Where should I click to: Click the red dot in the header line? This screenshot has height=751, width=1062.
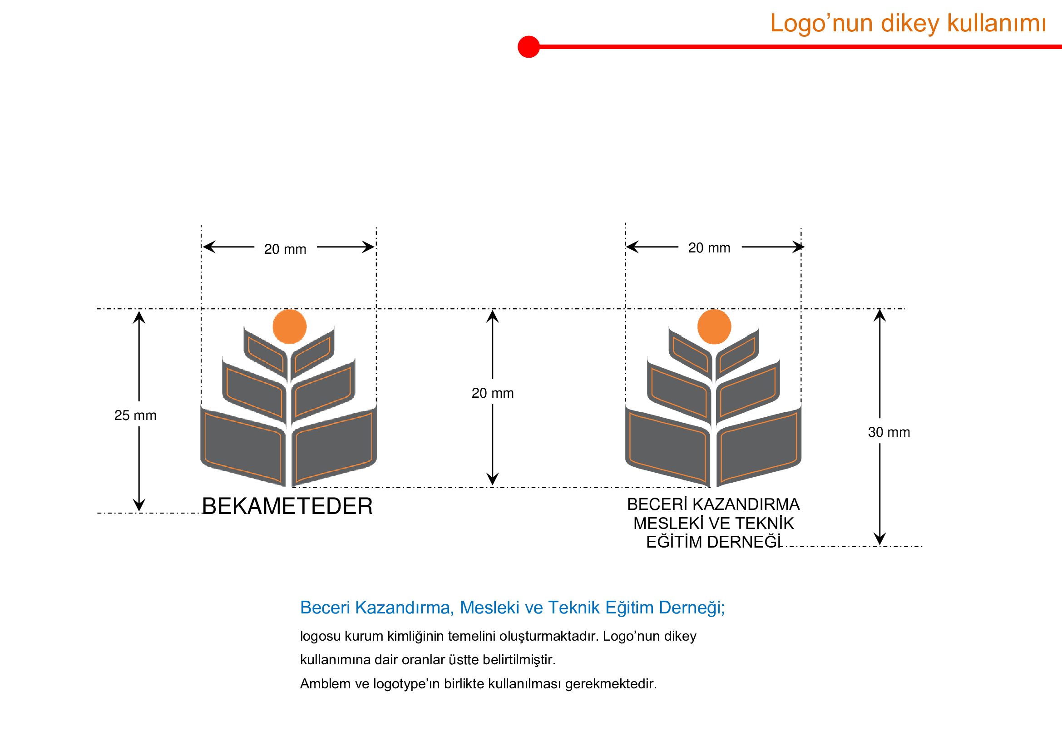click(x=529, y=47)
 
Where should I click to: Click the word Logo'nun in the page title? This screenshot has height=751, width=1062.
click(x=821, y=23)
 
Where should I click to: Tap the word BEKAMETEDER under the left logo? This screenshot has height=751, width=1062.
click(x=287, y=506)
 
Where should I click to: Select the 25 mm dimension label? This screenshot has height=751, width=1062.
click(x=135, y=415)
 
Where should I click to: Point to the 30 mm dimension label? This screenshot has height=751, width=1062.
click(x=889, y=432)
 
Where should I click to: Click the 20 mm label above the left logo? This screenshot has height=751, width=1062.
click(x=285, y=249)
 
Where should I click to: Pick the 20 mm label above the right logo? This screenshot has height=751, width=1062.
click(x=709, y=248)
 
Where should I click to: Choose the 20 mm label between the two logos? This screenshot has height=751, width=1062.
click(x=493, y=393)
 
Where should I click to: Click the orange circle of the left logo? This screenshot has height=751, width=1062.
click(x=290, y=326)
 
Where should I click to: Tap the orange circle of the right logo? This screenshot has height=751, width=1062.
click(x=714, y=326)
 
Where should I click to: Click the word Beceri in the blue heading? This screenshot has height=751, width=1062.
click(x=325, y=608)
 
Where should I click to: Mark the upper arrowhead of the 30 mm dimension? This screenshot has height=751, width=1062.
click(x=880, y=315)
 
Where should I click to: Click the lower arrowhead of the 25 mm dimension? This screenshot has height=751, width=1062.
click(x=139, y=505)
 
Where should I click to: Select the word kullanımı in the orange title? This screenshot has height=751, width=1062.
click(x=996, y=23)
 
